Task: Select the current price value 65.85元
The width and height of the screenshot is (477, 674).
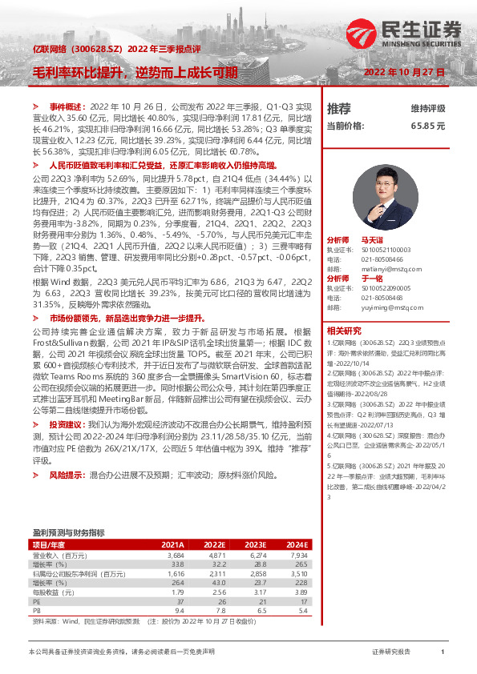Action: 427,126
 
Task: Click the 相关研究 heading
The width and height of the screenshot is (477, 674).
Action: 343,330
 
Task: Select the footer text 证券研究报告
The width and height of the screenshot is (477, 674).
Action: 391,652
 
